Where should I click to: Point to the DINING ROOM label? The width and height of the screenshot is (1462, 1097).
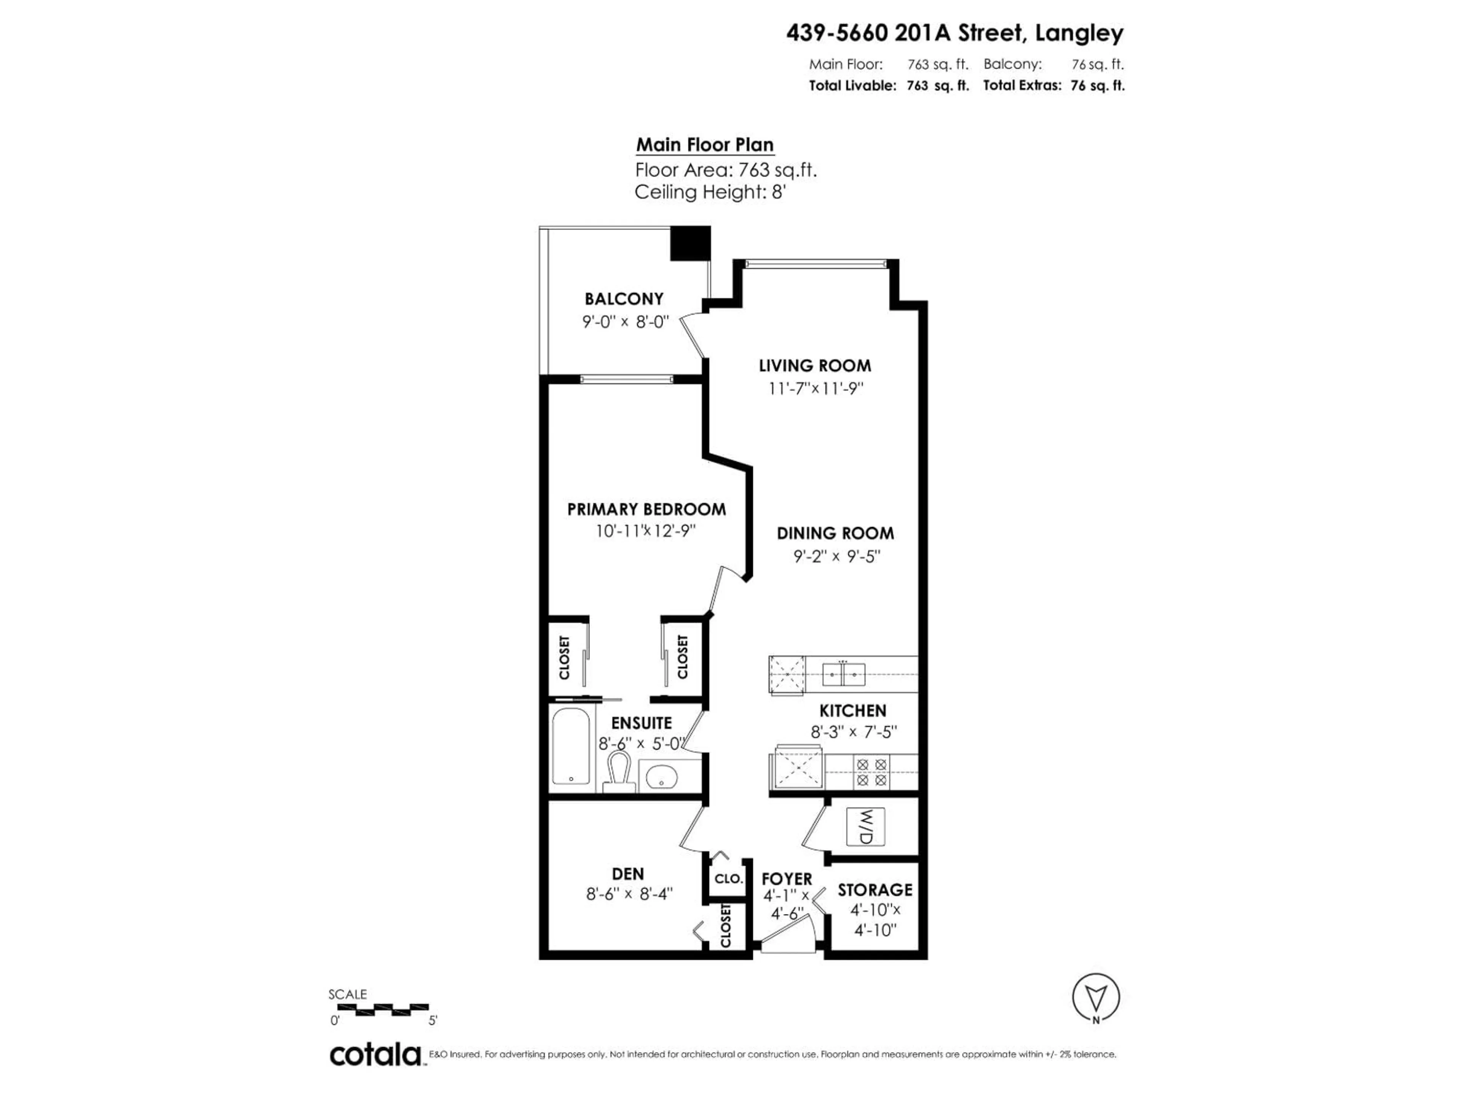[835, 533]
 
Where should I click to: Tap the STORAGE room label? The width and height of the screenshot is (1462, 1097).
[875, 890]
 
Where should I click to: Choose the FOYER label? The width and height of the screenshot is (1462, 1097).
[787, 879]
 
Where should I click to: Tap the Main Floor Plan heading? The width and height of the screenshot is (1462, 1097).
[705, 145]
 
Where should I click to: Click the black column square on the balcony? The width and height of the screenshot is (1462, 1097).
[690, 243]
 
